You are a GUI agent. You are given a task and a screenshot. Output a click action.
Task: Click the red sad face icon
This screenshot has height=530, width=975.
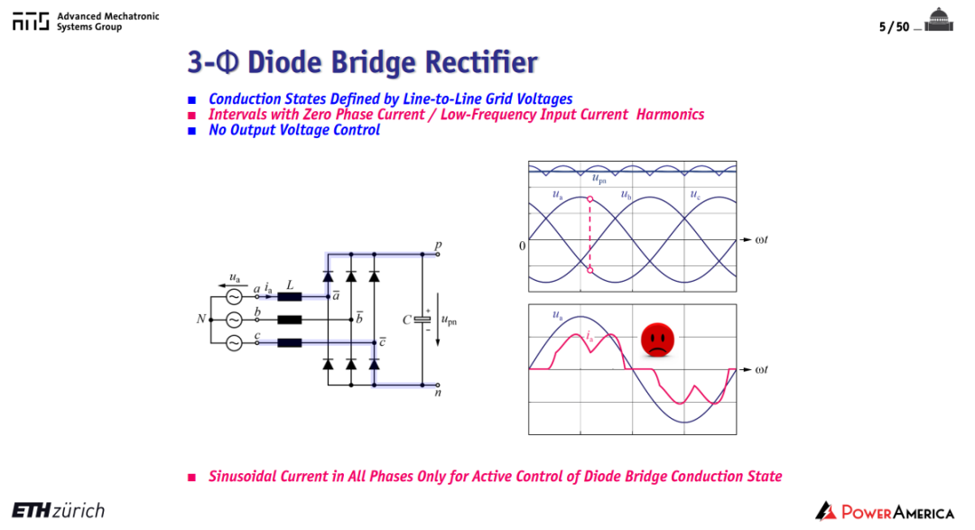coord(657,339)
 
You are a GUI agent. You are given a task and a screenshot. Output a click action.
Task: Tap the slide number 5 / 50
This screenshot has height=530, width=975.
coord(894,27)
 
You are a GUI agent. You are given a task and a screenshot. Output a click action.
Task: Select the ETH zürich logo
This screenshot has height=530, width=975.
coord(59,511)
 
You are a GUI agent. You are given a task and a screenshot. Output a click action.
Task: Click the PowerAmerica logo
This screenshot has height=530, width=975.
coord(885,511)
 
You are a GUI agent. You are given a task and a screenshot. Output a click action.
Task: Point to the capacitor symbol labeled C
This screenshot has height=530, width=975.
coord(422,319)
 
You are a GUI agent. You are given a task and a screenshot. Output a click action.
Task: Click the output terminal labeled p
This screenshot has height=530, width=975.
coord(438,254)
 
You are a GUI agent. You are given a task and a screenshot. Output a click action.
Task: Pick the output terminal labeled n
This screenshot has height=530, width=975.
coord(438,385)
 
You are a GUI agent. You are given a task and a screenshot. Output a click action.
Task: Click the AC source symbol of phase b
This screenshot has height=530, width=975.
coord(234,320)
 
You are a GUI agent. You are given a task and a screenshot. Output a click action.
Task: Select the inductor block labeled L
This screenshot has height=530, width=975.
coord(290,297)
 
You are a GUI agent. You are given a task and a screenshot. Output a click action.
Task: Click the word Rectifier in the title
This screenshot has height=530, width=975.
coord(481,62)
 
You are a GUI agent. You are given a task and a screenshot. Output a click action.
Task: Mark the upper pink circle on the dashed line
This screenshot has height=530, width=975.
coord(590,199)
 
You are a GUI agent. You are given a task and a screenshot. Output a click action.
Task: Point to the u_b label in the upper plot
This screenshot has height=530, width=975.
coord(627,195)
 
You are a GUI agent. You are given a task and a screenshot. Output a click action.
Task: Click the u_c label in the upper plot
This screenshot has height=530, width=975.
coord(695,195)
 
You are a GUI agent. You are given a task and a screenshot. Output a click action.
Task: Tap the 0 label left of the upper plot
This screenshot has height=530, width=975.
coord(522,246)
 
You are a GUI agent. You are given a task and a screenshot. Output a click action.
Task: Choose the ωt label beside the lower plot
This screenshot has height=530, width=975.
coord(761,369)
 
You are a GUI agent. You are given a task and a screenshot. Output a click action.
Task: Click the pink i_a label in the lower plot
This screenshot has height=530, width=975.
coord(589,337)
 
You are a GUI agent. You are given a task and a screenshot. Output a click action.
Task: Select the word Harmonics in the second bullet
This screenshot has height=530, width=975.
coord(670,115)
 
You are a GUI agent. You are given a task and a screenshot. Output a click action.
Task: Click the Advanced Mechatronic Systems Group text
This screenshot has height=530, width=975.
coord(107,22)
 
